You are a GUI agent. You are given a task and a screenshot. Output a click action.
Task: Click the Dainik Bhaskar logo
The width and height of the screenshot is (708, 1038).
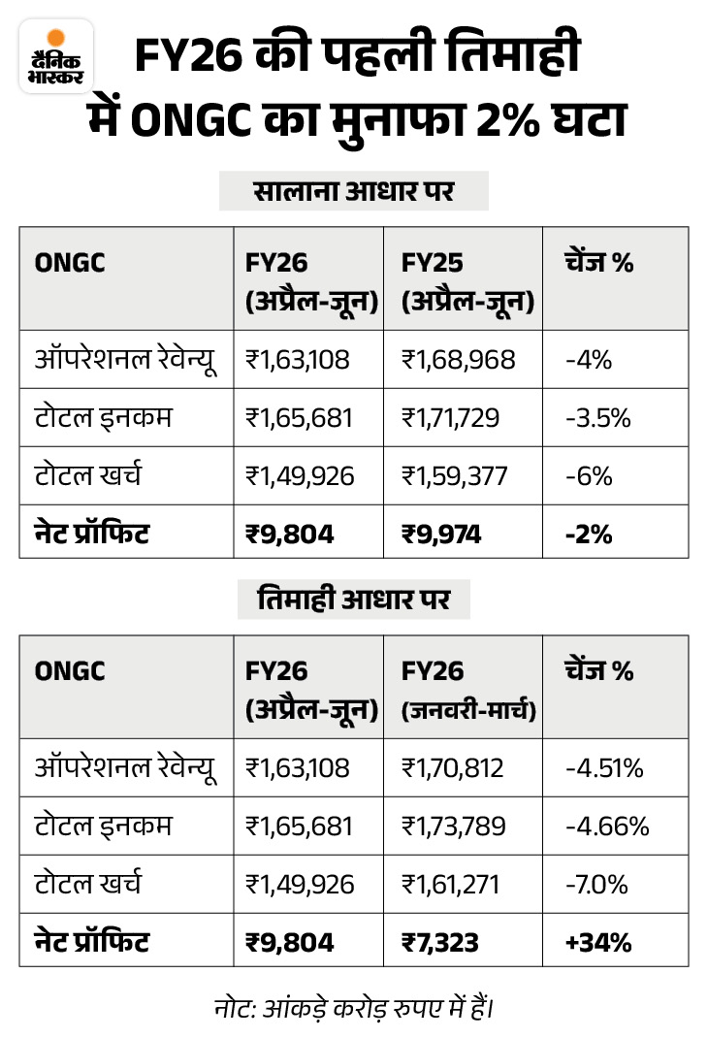coord(56,56)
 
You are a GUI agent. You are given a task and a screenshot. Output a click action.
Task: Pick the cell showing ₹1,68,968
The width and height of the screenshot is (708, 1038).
coord(459,360)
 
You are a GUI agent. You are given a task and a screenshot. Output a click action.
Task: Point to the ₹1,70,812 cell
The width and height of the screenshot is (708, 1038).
coord(453,768)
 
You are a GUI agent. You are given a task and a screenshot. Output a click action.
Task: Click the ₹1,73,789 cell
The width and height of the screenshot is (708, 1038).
coord(454,827)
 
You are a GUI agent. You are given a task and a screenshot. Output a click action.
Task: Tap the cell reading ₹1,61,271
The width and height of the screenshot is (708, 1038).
coord(452,885)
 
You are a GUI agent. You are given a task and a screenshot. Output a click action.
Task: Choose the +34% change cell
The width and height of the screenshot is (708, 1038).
coord(593,941)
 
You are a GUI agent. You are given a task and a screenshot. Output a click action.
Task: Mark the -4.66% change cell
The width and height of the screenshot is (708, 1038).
coord(606,827)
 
